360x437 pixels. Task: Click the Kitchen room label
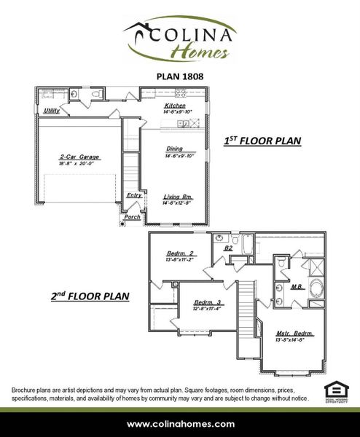tap(176, 106)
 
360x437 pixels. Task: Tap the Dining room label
tap(175, 149)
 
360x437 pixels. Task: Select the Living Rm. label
tap(177, 197)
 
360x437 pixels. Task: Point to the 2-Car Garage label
tap(79, 157)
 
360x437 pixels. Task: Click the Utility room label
tap(51, 111)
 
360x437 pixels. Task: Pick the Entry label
tap(134, 195)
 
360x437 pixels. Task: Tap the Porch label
tap(132, 217)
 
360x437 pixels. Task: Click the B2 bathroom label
tap(227, 248)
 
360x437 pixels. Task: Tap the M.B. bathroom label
tap(297, 287)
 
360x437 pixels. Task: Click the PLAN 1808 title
tap(179, 74)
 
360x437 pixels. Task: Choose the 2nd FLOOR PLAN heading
tap(90, 296)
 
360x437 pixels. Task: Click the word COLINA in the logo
tap(192, 34)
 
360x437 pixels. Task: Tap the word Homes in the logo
tap(200, 51)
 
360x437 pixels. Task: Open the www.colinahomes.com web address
tap(181, 424)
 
